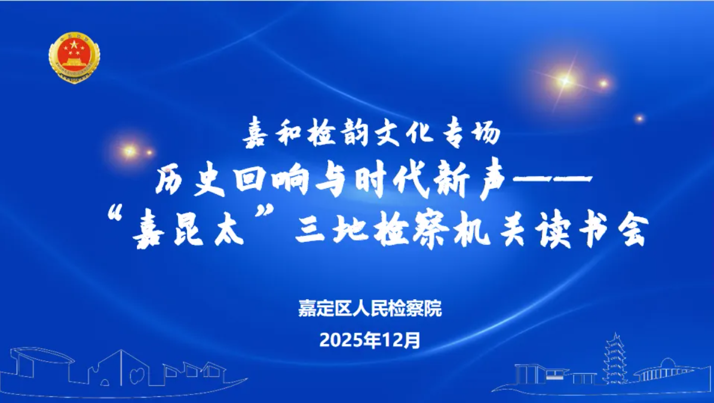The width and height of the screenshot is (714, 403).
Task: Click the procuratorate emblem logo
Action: (x=74, y=57)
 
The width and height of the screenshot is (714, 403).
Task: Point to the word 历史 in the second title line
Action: (x=191, y=181)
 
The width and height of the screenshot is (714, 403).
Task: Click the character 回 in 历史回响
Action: (x=250, y=180)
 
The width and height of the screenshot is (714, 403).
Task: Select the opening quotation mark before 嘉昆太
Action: (x=115, y=214)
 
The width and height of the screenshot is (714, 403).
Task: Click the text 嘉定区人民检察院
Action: (x=370, y=309)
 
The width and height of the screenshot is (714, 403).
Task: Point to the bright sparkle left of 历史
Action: (x=130, y=150)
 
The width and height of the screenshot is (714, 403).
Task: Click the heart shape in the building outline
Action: (x=137, y=375)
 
